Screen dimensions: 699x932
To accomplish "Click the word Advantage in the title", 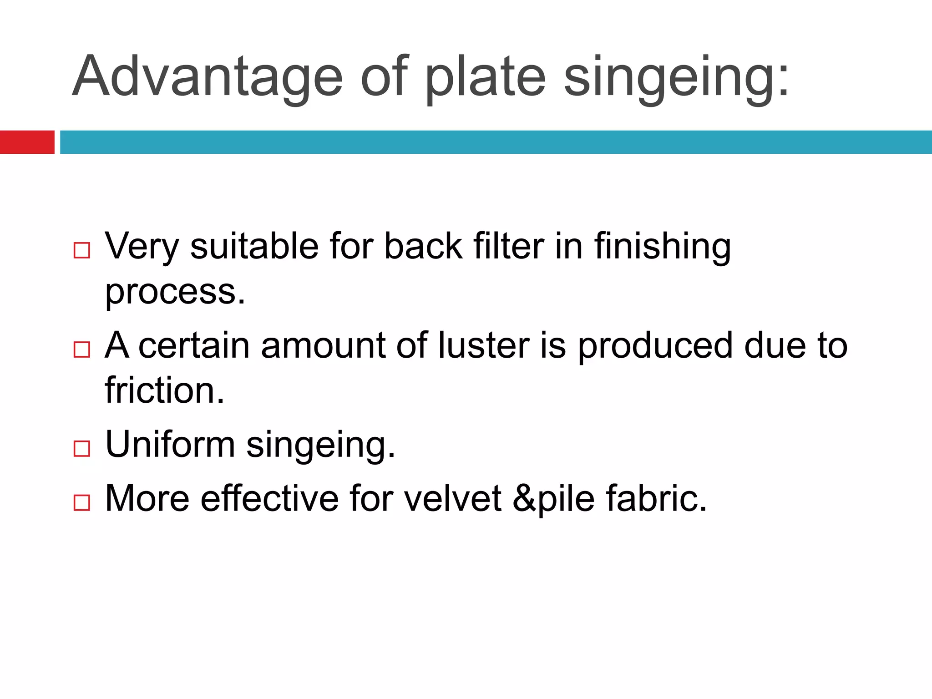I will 207,76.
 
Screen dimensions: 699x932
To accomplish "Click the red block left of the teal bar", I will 27,142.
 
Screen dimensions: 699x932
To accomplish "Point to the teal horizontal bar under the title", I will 496,142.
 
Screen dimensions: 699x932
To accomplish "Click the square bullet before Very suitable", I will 81,250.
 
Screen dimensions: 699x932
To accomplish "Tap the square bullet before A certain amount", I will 81,349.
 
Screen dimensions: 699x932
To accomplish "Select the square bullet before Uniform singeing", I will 81,449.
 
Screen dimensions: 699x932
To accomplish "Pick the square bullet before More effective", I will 81,502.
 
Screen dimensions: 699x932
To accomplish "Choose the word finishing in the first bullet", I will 662,247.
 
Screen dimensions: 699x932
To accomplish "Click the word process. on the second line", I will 175,292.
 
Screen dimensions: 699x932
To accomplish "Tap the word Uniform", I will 170,444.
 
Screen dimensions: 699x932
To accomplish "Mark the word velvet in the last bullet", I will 453,498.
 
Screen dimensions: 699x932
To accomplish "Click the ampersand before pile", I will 524,498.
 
